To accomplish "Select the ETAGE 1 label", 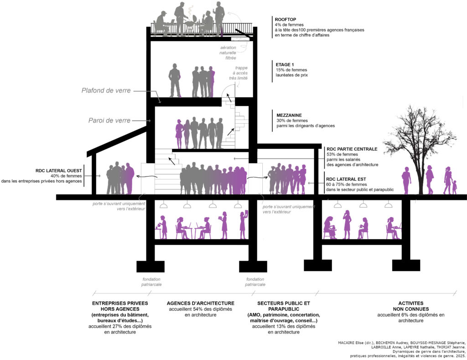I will pos(285,64).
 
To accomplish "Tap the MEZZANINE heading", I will pos(289,115).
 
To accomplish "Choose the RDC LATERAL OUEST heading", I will pos(58,171).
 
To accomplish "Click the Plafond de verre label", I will pos(106,91).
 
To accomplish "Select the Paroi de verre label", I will pos(109,120).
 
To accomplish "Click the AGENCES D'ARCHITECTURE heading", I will pos(201,303).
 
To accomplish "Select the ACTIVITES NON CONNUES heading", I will pos(411,306).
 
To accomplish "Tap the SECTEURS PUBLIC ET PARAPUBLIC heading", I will pos(283,306).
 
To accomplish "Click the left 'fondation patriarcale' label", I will pos(151,282).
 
